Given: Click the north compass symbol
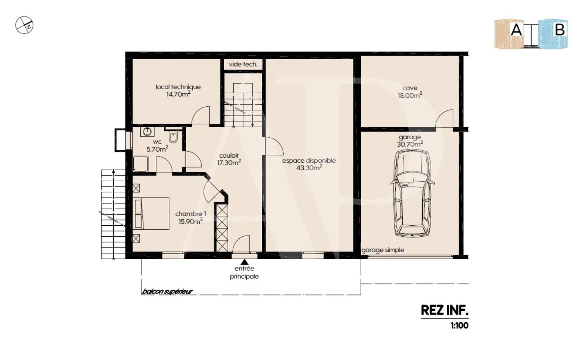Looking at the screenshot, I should pyautogui.click(x=24, y=25).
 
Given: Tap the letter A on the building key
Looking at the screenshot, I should pyautogui.click(x=516, y=30).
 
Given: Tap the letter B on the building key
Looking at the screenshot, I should pyautogui.click(x=559, y=30).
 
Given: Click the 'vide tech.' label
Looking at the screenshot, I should pyautogui.click(x=243, y=64).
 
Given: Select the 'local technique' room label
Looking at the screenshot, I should pyautogui.click(x=178, y=87).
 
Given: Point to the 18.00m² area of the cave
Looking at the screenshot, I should pyautogui.click(x=410, y=95).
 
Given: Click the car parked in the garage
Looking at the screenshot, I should pyautogui.click(x=412, y=194).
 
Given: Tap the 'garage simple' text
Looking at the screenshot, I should pyautogui.click(x=383, y=250).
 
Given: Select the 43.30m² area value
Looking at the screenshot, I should pyautogui.click(x=309, y=168).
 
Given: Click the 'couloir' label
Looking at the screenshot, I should pyautogui.click(x=229, y=156).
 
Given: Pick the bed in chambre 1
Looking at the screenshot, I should pyautogui.click(x=151, y=214).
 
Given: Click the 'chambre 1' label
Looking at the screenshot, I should pyautogui.click(x=190, y=214).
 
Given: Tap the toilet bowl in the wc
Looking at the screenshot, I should pyautogui.click(x=173, y=138).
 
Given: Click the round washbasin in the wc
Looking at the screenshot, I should pyautogui.click(x=147, y=132).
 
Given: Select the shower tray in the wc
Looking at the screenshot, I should pyautogui.click(x=141, y=164).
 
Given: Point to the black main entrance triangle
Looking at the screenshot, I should pyautogui.click(x=244, y=262).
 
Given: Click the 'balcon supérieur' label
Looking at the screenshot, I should pyautogui.click(x=167, y=291).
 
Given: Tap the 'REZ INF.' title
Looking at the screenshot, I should pyautogui.click(x=444, y=310).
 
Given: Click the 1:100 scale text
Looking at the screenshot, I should pyautogui.click(x=459, y=326).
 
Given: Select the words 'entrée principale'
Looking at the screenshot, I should pyautogui.click(x=244, y=273).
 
